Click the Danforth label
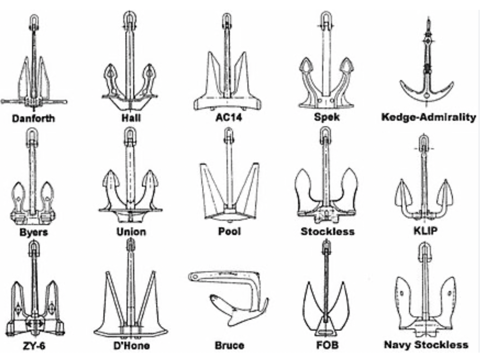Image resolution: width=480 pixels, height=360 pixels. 33,119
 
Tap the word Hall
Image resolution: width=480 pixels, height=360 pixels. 131,118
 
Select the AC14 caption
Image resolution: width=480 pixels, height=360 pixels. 228,118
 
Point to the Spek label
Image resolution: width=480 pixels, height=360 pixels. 327,117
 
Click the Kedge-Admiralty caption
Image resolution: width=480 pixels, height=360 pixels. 429,117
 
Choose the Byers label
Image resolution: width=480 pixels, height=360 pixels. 34,232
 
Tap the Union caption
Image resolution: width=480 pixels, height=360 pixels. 131,231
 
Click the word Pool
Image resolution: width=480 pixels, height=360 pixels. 229,231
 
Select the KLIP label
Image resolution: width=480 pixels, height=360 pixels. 425,230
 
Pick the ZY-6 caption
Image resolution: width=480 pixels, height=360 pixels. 34,346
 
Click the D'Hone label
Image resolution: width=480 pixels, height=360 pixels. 132,346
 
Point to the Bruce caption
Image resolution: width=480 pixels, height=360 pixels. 229,345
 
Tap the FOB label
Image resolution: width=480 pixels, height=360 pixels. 327,345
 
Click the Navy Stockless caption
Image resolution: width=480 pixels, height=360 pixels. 426,345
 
